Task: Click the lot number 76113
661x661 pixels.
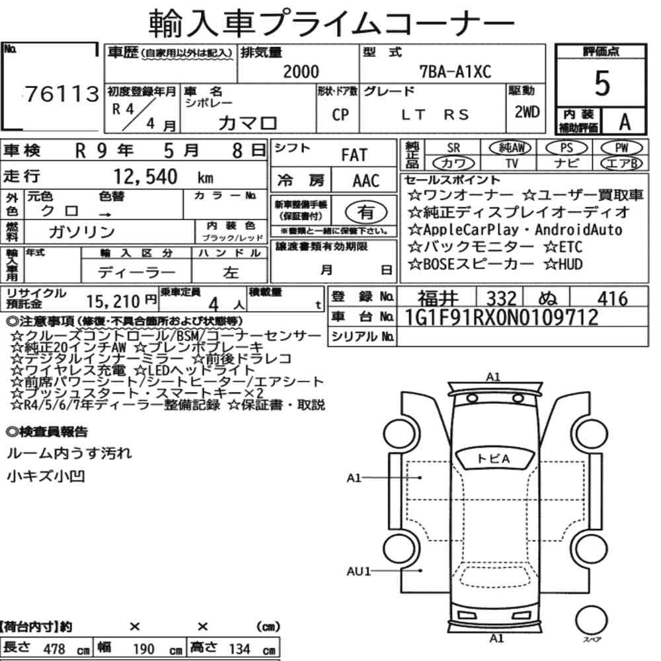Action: [62, 94]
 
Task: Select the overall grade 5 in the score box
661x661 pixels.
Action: [602, 83]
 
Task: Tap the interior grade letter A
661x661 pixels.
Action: [625, 122]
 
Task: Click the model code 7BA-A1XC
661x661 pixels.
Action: [455, 71]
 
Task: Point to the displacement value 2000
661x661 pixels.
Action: [301, 71]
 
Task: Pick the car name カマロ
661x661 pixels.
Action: [247, 123]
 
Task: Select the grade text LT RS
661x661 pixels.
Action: [435, 114]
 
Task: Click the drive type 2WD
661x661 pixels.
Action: [527, 112]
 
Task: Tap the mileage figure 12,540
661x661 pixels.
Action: [145, 176]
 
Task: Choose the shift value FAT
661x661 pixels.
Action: [354, 155]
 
